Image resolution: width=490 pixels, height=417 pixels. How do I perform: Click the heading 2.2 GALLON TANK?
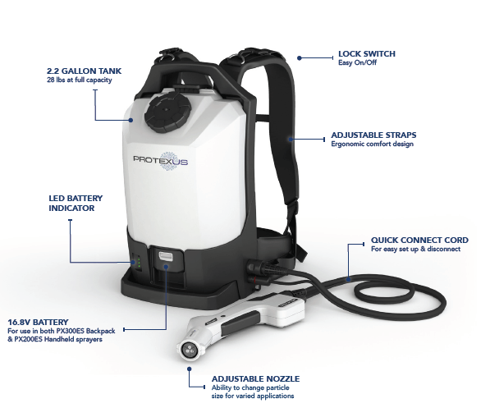tap(84, 71)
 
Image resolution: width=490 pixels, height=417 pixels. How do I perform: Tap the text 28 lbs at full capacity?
tap(80, 80)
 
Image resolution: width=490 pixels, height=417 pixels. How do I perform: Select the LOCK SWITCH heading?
tap(367, 53)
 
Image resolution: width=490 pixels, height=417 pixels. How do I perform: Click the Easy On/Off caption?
tap(358, 62)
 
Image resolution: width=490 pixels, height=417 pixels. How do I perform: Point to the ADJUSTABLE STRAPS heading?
tap(373, 135)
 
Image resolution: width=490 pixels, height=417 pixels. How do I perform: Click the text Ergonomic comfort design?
tap(372, 144)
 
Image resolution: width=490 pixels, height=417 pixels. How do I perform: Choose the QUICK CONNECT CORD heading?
tap(419, 240)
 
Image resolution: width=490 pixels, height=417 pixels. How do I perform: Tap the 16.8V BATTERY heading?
tap(38, 322)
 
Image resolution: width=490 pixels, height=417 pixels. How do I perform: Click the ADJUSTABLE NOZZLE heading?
tap(255, 379)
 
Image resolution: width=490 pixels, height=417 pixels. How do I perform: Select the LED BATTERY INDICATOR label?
tap(76, 204)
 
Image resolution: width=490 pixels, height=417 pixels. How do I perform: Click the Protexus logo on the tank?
tap(161, 161)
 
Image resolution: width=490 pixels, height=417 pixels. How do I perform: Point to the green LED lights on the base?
tap(139, 262)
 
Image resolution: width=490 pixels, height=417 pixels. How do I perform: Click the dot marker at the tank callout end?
tap(131, 120)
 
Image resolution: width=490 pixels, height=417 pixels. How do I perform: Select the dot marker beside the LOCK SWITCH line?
tap(300, 58)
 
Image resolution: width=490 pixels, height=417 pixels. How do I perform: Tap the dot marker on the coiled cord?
tap(349, 278)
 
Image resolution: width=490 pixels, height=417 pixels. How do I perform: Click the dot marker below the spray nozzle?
tap(189, 369)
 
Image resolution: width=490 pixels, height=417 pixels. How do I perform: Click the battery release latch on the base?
tap(166, 256)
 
